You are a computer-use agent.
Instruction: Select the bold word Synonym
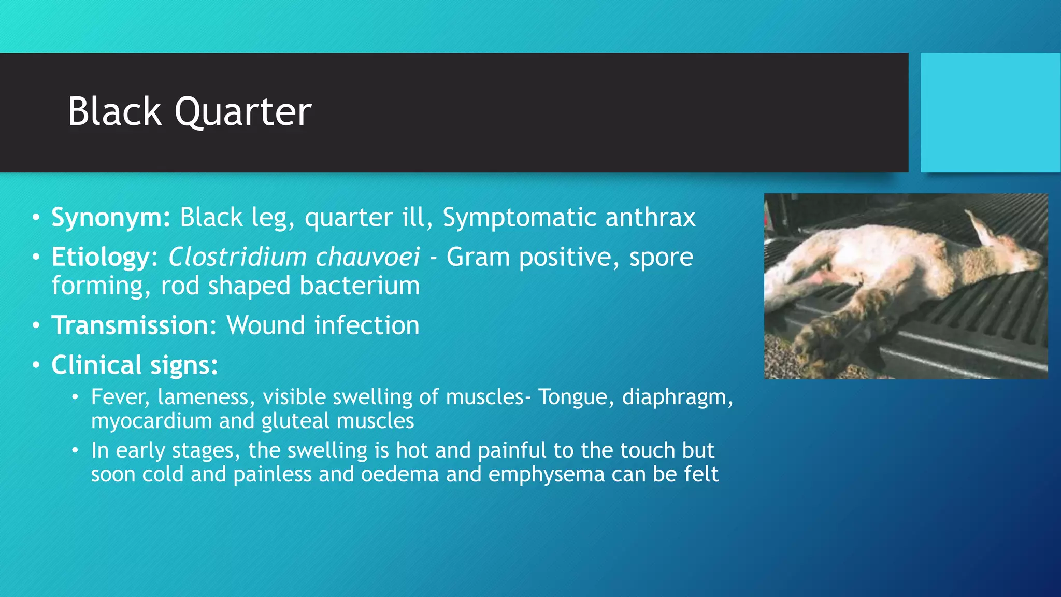click(x=110, y=218)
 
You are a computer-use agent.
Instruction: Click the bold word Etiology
click(x=101, y=257)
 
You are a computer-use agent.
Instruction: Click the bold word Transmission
click(x=130, y=325)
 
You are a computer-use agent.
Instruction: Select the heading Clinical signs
click(x=134, y=365)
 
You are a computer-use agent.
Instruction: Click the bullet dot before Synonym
click(x=35, y=218)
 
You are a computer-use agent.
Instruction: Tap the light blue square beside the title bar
click(x=990, y=112)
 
